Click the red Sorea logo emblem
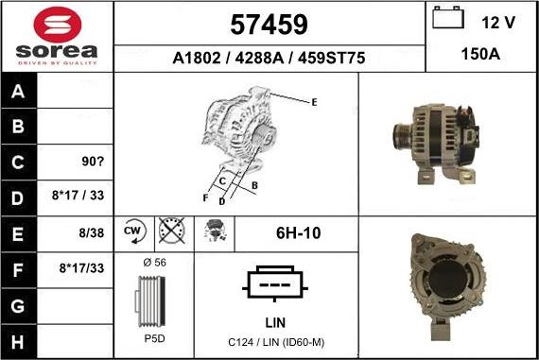[58, 25]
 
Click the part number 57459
[269, 25]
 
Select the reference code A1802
[197, 58]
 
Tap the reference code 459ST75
[331, 58]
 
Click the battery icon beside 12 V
[448, 17]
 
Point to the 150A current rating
[480, 54]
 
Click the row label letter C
[18, 162]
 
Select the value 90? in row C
[93, 162]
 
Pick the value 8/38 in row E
[91, 232]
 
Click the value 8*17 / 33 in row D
[78, 195]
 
